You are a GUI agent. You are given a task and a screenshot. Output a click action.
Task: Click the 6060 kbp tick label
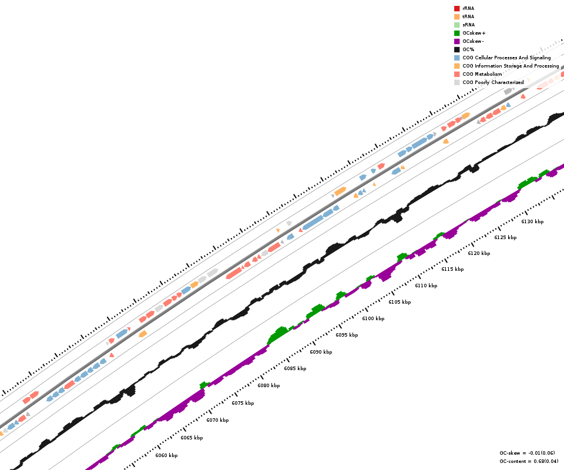point(166,455)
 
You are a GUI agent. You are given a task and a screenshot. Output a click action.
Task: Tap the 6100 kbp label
point(373,318)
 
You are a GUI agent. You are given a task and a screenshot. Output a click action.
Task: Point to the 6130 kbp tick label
point(532,221)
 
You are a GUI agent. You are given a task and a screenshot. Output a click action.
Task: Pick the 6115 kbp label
point(452,269)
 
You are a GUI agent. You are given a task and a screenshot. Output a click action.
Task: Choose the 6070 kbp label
point(217,420)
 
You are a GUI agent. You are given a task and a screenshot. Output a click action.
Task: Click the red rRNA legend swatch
point(456,8)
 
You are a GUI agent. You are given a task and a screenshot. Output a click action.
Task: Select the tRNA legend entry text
point(468,16)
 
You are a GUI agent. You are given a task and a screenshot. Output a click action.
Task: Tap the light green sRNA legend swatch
point(456,25)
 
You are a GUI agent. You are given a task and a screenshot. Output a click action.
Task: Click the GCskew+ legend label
point(474,33)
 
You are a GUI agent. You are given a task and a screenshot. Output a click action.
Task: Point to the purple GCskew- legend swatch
point(456,41)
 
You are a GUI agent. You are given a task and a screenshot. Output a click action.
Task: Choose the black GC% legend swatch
point(456,49)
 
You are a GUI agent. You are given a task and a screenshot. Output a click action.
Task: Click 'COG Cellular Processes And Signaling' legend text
point(506,58)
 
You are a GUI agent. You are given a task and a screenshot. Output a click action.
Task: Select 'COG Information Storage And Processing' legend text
point(511,66)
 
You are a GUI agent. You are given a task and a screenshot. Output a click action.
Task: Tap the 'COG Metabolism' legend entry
point(482,74)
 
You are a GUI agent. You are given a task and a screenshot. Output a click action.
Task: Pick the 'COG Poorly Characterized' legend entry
point(493,82)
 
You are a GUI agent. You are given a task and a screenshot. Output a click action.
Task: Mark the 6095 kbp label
point(347,335)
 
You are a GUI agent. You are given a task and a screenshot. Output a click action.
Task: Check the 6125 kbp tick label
point(505,237)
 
